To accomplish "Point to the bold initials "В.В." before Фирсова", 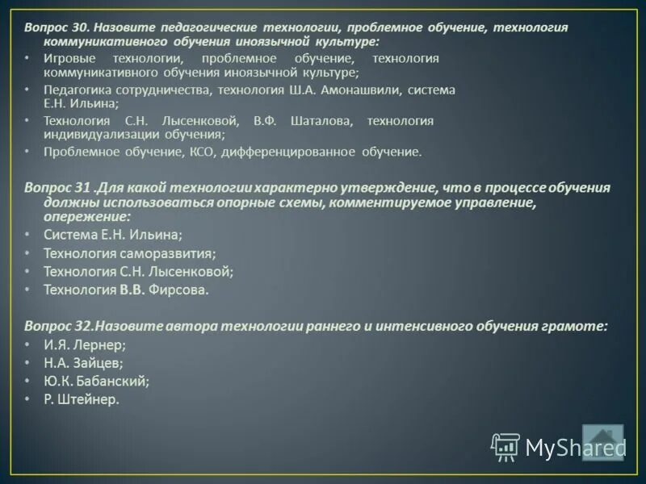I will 132,290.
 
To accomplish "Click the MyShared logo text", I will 575,448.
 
